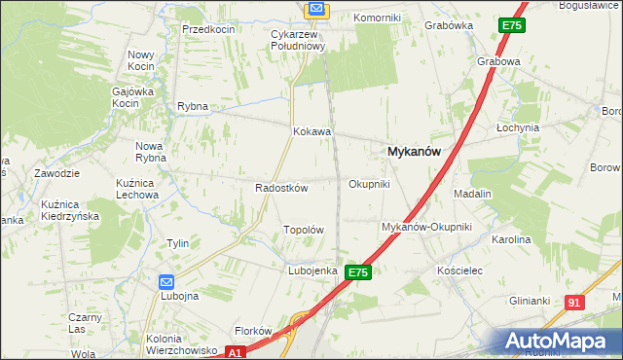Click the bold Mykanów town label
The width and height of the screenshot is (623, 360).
415,152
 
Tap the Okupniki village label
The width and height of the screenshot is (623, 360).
369,183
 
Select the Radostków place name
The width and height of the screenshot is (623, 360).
281,188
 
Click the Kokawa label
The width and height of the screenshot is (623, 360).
312,131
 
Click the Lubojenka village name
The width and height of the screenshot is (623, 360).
311,270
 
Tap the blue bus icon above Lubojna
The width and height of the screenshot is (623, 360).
166,281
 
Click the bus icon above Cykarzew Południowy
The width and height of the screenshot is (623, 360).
316,10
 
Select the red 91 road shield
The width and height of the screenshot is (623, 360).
575,304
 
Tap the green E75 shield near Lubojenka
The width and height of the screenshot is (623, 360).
357,273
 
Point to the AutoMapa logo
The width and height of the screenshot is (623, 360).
560,341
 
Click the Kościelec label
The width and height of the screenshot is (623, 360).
460,270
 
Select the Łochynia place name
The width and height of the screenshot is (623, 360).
517,127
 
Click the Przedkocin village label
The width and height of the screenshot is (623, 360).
208,29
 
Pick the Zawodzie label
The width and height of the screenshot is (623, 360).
55,173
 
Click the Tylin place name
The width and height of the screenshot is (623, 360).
177,243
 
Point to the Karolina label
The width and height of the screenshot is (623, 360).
511,238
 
